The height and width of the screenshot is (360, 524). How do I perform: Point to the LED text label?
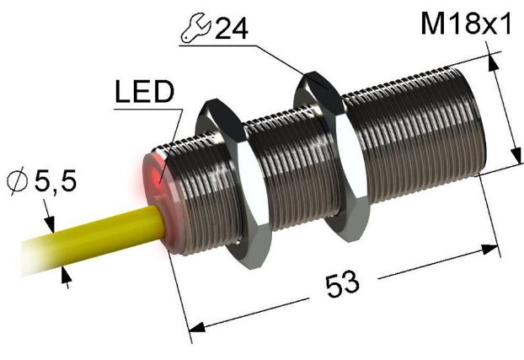(144, 91)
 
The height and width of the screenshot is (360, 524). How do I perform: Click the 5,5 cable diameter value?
(56, 180)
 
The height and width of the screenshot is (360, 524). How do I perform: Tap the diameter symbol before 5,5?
(18, 182)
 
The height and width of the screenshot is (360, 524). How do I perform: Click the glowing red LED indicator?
(157, 175)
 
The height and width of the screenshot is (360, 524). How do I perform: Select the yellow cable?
(94, 238)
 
